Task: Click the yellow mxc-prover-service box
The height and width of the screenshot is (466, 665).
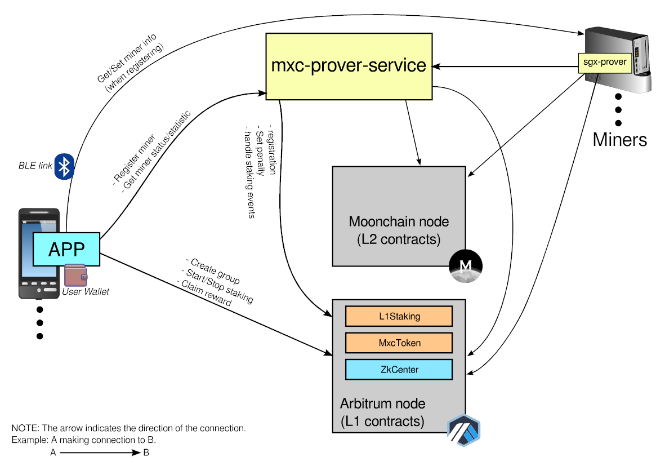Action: [349, 66]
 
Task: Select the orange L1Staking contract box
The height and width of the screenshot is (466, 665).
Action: [399, 316]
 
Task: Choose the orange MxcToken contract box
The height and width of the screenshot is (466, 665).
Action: [399, 343]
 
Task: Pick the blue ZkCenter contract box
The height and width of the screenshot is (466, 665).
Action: [399, 370]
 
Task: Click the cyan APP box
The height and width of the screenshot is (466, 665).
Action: [66, 248]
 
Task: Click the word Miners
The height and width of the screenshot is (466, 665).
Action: [619, 139]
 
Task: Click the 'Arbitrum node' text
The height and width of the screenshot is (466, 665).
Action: [382, 403]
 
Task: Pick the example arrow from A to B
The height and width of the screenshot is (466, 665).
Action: [96, 453]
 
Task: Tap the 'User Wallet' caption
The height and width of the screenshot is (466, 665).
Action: [86, 291]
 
